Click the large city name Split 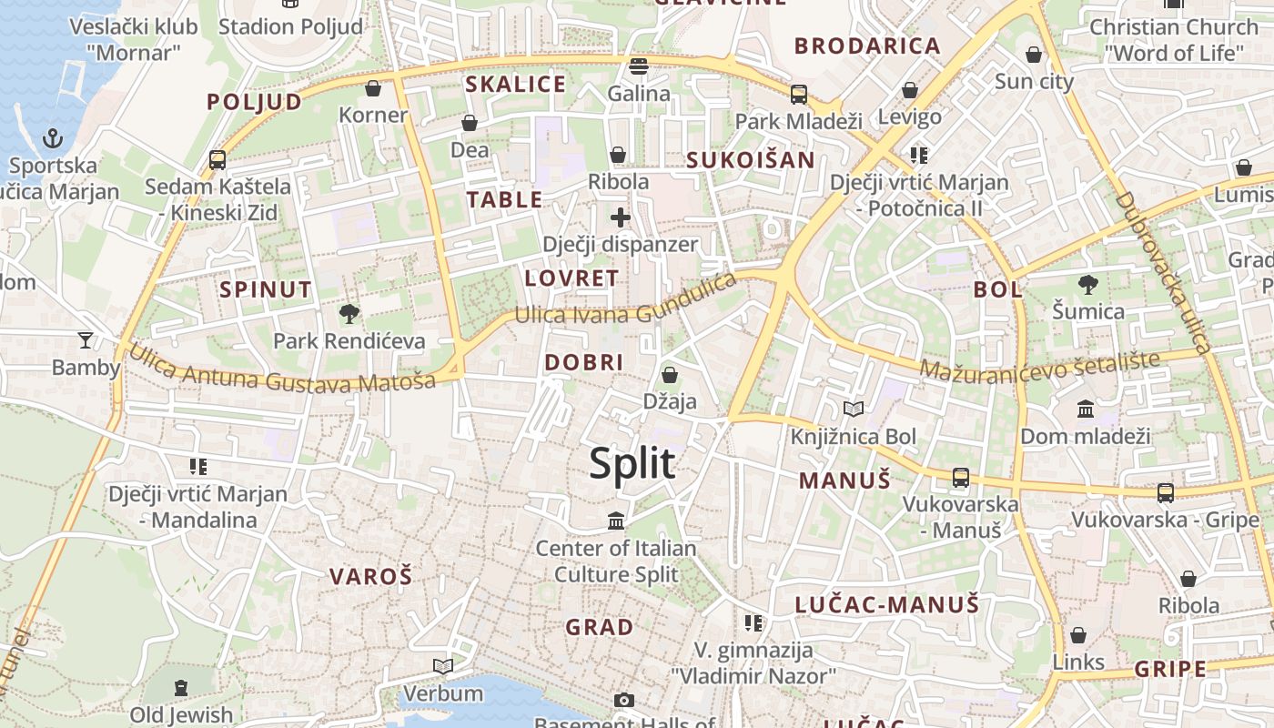[632, 463]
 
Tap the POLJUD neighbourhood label [254, 101]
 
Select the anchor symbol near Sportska [53, 139]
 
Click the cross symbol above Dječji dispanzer [620, 217]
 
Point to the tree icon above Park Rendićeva [349, 315]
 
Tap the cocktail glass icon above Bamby [86, 340]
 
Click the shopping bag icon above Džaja [670, 375]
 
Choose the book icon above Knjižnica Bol [853, 409]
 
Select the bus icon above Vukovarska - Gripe [1165, 493]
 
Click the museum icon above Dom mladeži [1086, 409]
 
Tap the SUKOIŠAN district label [751, 160]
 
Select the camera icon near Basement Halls [623, 700]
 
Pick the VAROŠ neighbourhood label [370, 576]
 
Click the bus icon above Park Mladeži [798, 94]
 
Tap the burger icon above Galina [639, 66]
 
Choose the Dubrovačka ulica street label [1163, 272]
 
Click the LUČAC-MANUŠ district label [886, 604]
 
